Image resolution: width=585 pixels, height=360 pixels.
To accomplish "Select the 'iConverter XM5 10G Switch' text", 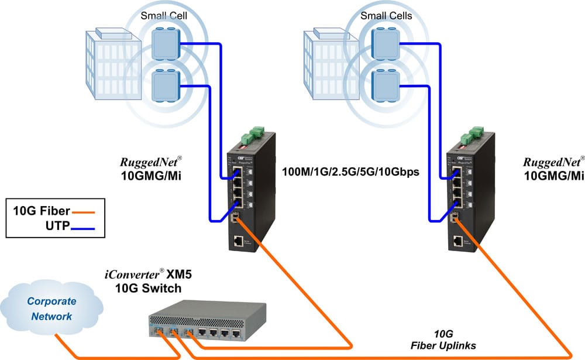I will [x=144, y=281].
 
